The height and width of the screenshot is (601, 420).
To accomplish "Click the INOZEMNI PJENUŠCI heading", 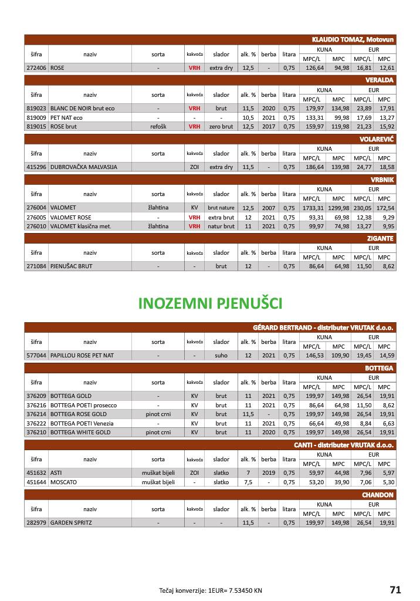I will [x=210, y=303].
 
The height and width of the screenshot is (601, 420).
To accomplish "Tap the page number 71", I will [x=395, y=589].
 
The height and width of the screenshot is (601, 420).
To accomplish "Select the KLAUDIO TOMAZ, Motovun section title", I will [x=353, y=39].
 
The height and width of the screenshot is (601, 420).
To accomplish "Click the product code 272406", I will [x=36, y=68].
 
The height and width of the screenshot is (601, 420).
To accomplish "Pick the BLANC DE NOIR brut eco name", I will [x=83, y=109].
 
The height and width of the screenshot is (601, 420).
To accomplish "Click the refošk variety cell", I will [x=158, y=126].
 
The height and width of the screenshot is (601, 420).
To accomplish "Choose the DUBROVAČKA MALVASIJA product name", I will [x=84, y=167].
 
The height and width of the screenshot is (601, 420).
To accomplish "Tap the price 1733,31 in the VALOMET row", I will [x=314, y=208].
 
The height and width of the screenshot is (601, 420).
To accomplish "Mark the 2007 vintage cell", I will [x=269, y=208].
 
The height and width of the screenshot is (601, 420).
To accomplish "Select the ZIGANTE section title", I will [x=381, y=238].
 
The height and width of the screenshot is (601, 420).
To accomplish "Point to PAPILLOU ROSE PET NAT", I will [x=82, y=355].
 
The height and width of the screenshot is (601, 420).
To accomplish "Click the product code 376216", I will [x=36, y=405].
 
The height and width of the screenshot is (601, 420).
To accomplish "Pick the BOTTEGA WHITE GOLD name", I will [x=80, y=432].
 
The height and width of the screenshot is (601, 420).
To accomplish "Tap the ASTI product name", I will [x=56, y=472].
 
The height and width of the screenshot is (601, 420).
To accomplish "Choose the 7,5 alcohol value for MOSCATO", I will [x=248, y=482].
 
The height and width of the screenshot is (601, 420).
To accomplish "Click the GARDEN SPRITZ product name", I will [x=71, y=522].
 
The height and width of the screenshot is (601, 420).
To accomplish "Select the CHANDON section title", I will [x=378, y=495].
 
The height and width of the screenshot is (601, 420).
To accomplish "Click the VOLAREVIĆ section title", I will [x=377, y=139].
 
